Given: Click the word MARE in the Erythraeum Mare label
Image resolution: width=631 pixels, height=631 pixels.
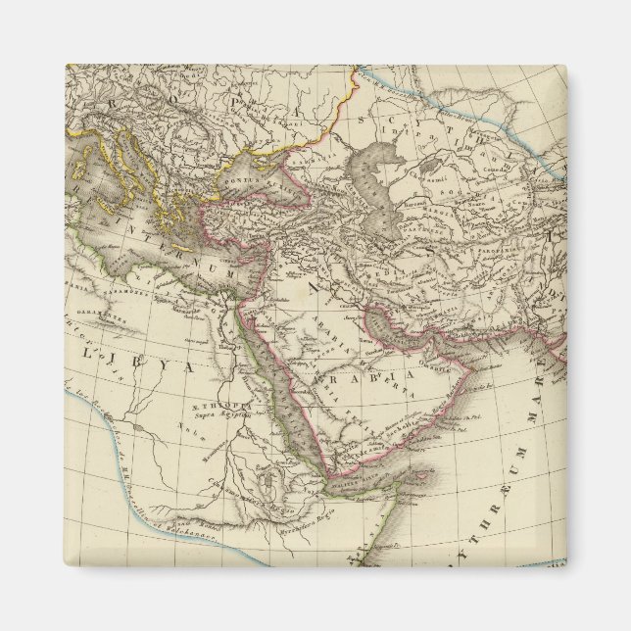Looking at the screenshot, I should (567, 392).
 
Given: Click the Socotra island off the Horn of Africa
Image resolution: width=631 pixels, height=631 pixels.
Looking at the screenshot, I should (422, 479).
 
